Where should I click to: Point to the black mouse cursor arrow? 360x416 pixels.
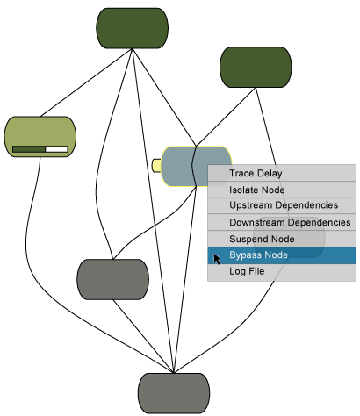click(x=217, y=259)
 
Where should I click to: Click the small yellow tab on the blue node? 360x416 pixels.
click(x=156, y=166)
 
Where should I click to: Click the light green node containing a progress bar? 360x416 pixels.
click(x=40, y=137)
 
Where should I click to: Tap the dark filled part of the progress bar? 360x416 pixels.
click(x=29, y=149)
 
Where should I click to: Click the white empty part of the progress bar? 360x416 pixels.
click(x=56, y=149)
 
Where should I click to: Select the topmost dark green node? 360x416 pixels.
click(x=133, y=28)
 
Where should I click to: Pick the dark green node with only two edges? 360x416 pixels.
click(x=256, y=67)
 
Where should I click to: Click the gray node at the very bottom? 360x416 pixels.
click(x=174, y=393)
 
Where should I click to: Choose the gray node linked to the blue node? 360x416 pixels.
click(x=113, y=279)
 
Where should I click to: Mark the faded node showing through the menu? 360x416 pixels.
click(x=289, y=237)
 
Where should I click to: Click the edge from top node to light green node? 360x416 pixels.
click(x=86, y=82)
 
